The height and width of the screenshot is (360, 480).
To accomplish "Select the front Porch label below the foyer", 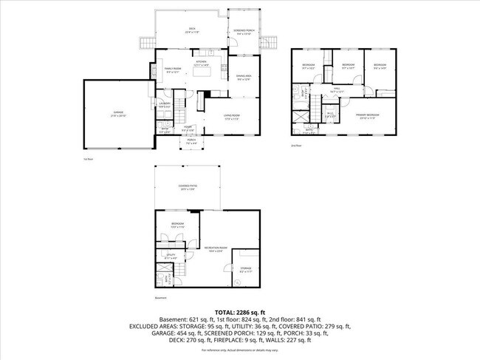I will click(x=191, y=142).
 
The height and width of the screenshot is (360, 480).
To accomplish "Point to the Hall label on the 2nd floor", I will click(x=337, y=89).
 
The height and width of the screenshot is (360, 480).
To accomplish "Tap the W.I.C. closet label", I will click(x=331, y=115).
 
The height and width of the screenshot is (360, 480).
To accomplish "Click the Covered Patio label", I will click(x=188, y=188).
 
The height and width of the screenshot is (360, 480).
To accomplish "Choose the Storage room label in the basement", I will click(x=245, y=269).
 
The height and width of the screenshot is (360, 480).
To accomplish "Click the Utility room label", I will click(x=171, y=256).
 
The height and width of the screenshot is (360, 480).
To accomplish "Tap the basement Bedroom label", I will click(x=178, y=225).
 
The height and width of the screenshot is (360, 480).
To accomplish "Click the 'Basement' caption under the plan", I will click(x=161, y=299).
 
